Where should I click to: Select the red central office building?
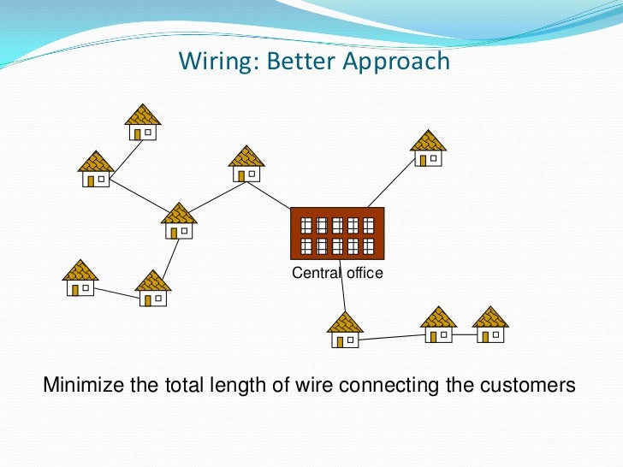tap(337, 233)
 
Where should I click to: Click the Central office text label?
tap(337, 274)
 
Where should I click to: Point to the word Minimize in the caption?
tap(83, 385)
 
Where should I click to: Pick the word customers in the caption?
tap(525, 385)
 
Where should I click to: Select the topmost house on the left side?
tap(142, 122)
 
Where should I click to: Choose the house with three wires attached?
tap(179, 221)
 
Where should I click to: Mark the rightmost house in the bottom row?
tap(490, 325)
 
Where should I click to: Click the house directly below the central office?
tap(346, 330)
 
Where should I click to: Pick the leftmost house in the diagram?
tap(80, 278)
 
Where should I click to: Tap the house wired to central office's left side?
tap(246, 163)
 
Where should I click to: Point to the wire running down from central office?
tap(343, 287)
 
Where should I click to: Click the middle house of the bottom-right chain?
tap(439, 325)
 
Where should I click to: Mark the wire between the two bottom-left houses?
tap(116, 292)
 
